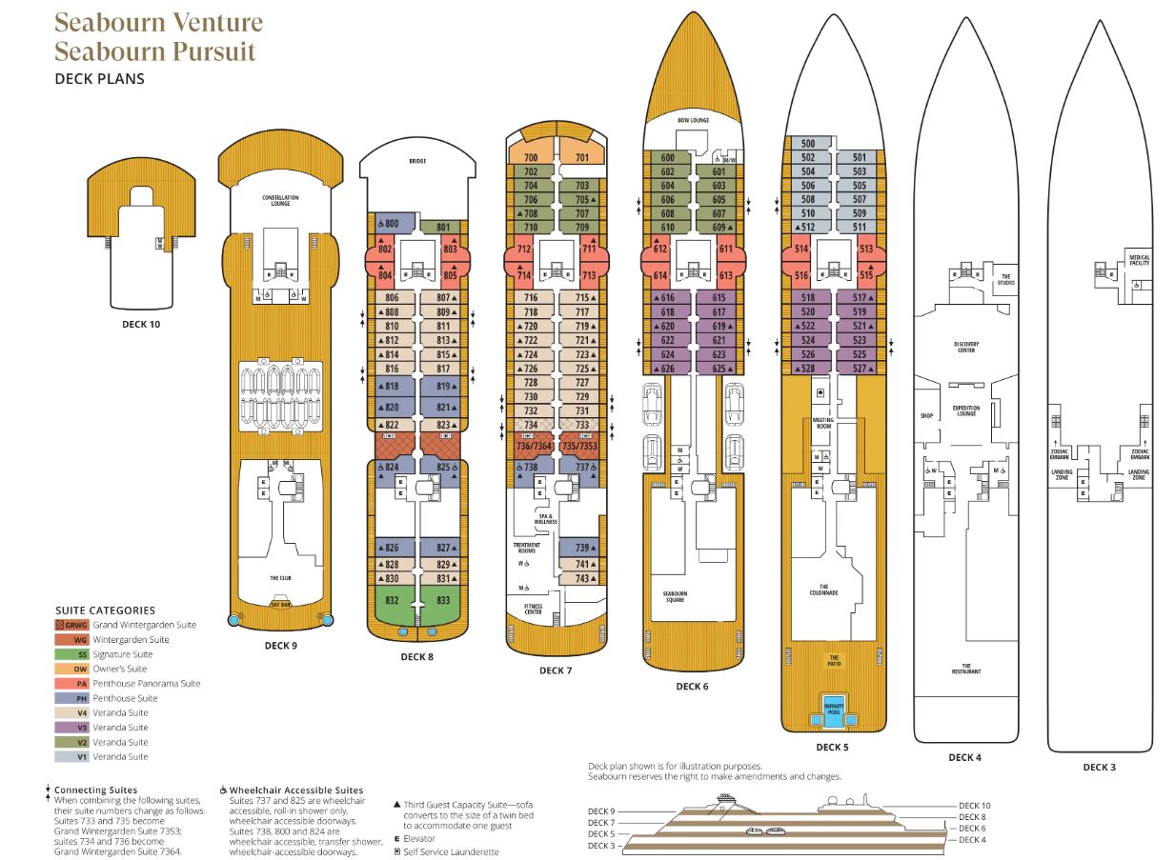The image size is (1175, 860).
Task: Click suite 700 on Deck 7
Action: pyautogui.click(x=531, y=156)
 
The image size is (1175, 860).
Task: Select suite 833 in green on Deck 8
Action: pyautogui.click(x=443, y=600)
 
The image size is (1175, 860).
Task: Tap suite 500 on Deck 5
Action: pyautogui.click(x=808, y=143)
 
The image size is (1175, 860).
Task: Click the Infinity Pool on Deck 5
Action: pyautogui.click(x=834, y=710)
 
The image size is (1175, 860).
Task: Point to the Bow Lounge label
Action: pyautogui.click(x=693, y=120)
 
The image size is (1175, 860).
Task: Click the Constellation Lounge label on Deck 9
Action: pyautogui.click(x=280, y=200)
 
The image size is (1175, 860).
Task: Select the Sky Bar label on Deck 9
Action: pyautogui.click(x=280, y=605)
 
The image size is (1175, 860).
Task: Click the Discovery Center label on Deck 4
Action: pyautogui.click(x=966, y=347)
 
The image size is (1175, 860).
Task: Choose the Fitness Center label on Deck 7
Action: pyautogui.click(x=533, y=608)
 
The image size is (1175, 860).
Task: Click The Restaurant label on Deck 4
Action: pyautogui.click(x=965, y=669)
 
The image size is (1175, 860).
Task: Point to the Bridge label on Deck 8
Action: pyautogui.click(x=416, y=162)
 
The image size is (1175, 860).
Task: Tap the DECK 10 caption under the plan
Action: pyautogui.click(x=141, y=324)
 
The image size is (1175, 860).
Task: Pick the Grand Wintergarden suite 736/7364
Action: pyautogui.click(x=534, y=445)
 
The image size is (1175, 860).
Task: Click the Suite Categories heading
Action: pyautogui.click(x=105, y=610)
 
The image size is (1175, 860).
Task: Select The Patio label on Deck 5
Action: pyautogui.click(x=834, y=659)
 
